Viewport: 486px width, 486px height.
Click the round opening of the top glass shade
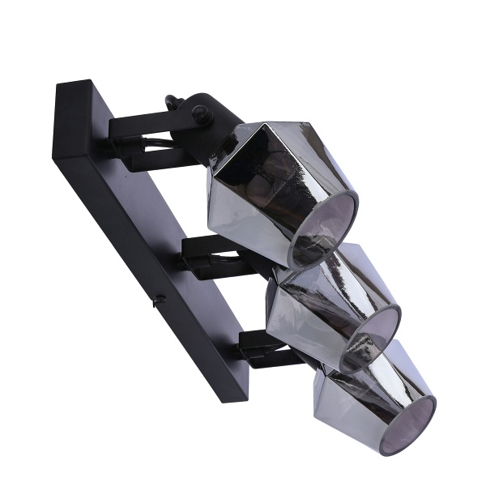[x=324, y=230]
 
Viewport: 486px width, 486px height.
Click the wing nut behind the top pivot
[x=172, y=104]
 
